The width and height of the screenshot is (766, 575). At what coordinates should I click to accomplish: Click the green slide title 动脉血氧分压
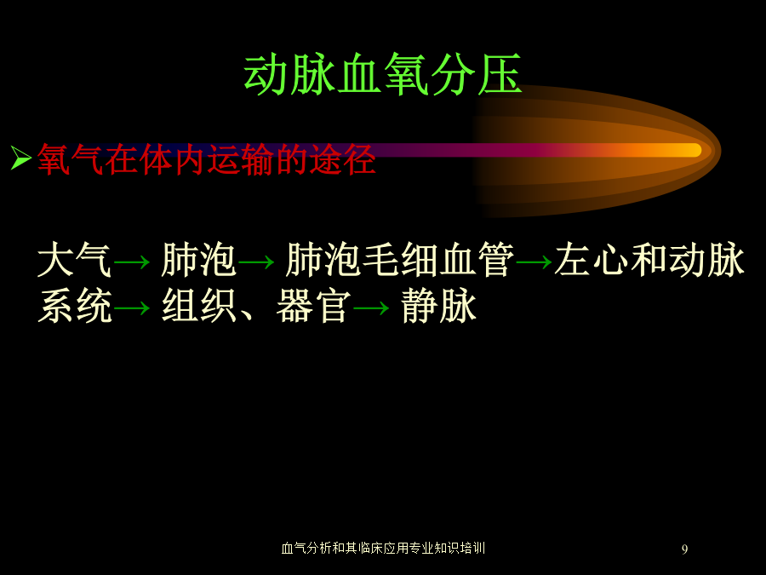pos(383,75)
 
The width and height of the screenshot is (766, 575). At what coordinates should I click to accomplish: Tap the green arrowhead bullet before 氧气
pos(21,158)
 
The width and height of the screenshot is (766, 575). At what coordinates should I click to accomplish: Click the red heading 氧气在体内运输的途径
pos(206,159)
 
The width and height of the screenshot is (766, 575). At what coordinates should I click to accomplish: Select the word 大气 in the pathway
pos(74,260)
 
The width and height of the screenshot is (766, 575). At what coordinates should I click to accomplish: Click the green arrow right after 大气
pos(131,262)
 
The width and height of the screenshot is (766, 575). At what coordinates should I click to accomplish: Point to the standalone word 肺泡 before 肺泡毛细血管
pos(199,260)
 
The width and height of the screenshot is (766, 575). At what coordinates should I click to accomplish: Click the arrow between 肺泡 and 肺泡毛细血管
pos(256,262)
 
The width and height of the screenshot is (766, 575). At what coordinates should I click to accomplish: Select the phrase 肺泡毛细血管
pos(400,260)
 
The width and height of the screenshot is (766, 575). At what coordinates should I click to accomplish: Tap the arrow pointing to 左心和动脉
pos(534,262)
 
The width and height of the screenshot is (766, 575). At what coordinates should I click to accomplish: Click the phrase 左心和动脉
pos(649,260)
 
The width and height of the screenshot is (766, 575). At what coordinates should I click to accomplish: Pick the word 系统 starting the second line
pos(75,306)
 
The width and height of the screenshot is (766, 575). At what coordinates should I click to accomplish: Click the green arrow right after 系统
pos(131,308)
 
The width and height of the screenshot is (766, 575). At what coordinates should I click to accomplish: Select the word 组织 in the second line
pos(199,306)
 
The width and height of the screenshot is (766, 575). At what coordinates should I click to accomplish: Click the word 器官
pos(313,306)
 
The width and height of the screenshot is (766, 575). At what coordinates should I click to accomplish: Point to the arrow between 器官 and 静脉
pos(371,308)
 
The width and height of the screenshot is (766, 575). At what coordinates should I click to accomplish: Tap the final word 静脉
pos(438,306)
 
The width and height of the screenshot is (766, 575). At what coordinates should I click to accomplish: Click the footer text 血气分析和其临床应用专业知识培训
pos(383,548)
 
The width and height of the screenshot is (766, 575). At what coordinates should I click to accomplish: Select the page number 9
pos(684,549)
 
